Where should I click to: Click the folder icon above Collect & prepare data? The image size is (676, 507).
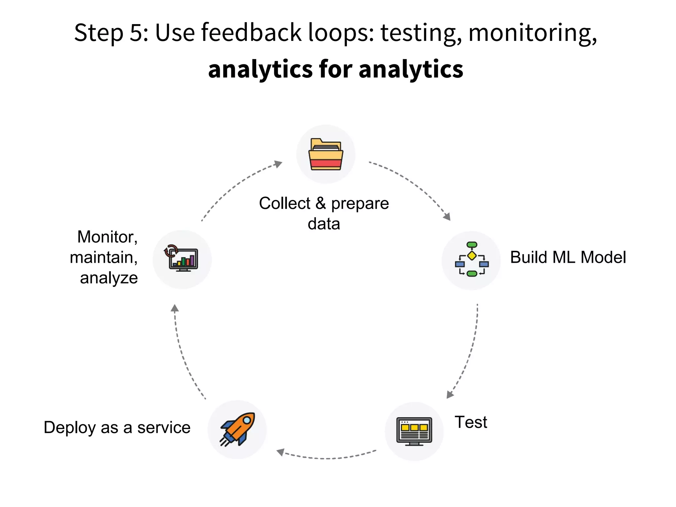(x=326, y=154)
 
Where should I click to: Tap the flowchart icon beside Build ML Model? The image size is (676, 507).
(x=472, y=259)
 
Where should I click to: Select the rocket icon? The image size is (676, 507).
(x=237, y=429)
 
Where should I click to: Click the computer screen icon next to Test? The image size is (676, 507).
(x=414, y=431)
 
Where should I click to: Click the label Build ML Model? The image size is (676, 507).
(x=568, y=257)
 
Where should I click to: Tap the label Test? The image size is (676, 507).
(x=471, y=422)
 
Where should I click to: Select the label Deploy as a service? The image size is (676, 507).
(x=117, y=427)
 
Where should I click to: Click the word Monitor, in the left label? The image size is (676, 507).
(x=107, y=237)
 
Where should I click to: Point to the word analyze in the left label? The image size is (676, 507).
(x=109, y=278)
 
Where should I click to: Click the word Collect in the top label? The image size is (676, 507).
(x=285, y=203)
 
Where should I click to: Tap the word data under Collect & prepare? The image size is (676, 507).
(x=324, y=224)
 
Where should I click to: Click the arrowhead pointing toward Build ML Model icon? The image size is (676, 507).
(x=447, y=217)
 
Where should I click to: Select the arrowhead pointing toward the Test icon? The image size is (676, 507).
(x=450, y=394)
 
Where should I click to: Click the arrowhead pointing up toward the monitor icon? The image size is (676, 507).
(x=175, y=308)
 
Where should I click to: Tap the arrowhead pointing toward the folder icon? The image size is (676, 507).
(x=279, y=164)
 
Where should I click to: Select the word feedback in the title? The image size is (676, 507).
(x=251, y=33)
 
